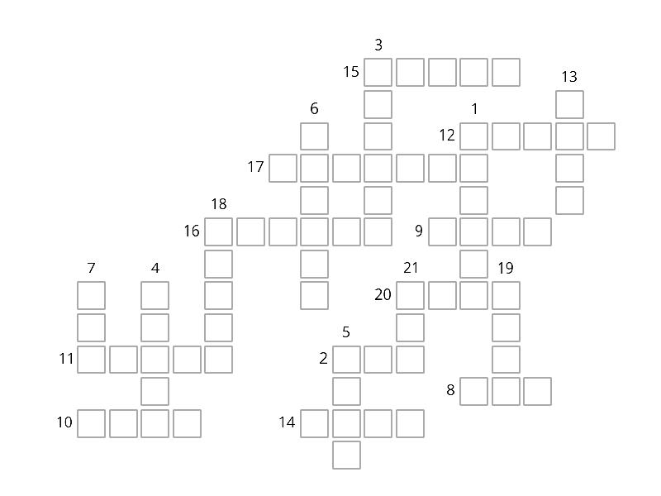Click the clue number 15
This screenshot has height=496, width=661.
(x=350, y=72)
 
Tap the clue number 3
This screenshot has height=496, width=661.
(x=378, y=45)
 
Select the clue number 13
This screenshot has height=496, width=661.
(x=569, y=77)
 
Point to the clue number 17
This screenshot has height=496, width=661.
(x=255, y=167)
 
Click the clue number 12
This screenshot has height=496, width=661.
(x=447, y=136)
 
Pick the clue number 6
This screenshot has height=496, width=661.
(x=314, y=109)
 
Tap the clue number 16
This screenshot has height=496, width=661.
(x=192, y=231)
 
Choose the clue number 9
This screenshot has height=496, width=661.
(x=419, y=231)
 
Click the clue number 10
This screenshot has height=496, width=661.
(x=64, y=422)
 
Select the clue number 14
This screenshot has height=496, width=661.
(x=287, y=422)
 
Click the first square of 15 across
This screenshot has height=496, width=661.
(x=378, y=73)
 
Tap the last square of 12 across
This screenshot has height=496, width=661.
(x=602, y=136)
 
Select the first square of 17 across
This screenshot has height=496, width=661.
(x=283, y=168)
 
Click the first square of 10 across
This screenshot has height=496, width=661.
(x=91, y=423)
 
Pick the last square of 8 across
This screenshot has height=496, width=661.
(x=538, y=391)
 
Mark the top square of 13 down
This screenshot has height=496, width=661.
(x=569, y=104)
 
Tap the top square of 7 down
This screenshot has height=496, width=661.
(x=91, y=296)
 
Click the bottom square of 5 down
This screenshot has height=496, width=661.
(x=346, y=455)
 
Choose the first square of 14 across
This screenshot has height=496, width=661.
(x=314, y=423)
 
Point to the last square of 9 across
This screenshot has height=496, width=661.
(x=538, y=231)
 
